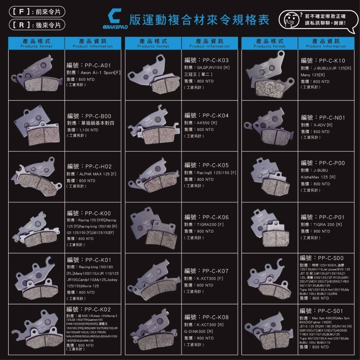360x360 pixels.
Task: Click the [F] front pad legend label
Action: pyautogui.click(x=34, y=12)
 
